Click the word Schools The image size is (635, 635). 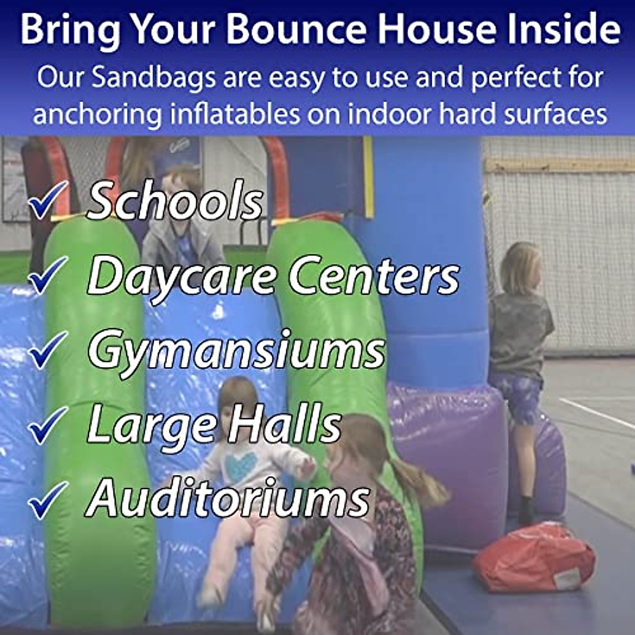[x=175, y=201]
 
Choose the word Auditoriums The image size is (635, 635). [x=228, y=500]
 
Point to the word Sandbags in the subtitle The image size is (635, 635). [x=153, y=78]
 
